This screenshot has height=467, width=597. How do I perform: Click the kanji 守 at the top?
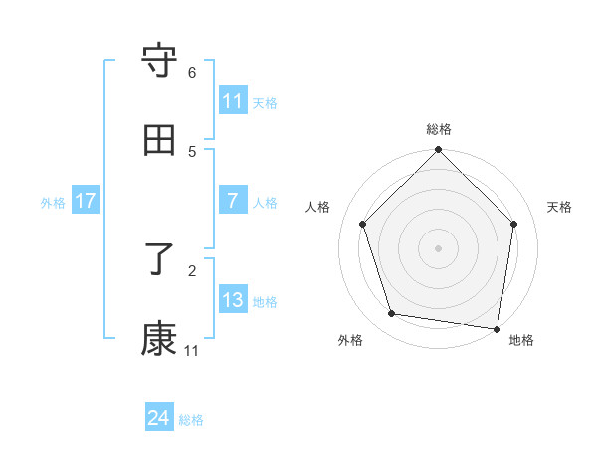point(160,61)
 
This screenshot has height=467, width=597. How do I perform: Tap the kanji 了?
point(160,260)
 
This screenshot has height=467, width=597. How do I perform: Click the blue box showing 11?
point(233,100)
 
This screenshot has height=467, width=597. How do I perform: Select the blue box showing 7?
point(233,201)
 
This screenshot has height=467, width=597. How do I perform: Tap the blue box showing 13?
point(233,300)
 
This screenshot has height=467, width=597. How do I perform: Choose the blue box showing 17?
point(86,201)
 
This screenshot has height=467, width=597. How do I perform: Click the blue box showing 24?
point(159,418)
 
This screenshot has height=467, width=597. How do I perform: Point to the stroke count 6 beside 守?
point(192,73)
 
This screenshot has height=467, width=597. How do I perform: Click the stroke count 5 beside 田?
point(192,152)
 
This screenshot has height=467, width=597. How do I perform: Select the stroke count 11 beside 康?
point(192,351)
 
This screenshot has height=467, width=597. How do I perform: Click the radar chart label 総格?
point(439,129)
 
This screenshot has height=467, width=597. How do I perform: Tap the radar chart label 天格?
point(559,207)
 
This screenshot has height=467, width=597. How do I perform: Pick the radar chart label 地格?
point(521,340)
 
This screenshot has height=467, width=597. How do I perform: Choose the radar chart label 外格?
point(350,340)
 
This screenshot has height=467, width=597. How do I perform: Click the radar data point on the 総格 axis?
point(439,151)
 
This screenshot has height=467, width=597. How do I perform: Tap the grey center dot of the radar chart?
point(439,247)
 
